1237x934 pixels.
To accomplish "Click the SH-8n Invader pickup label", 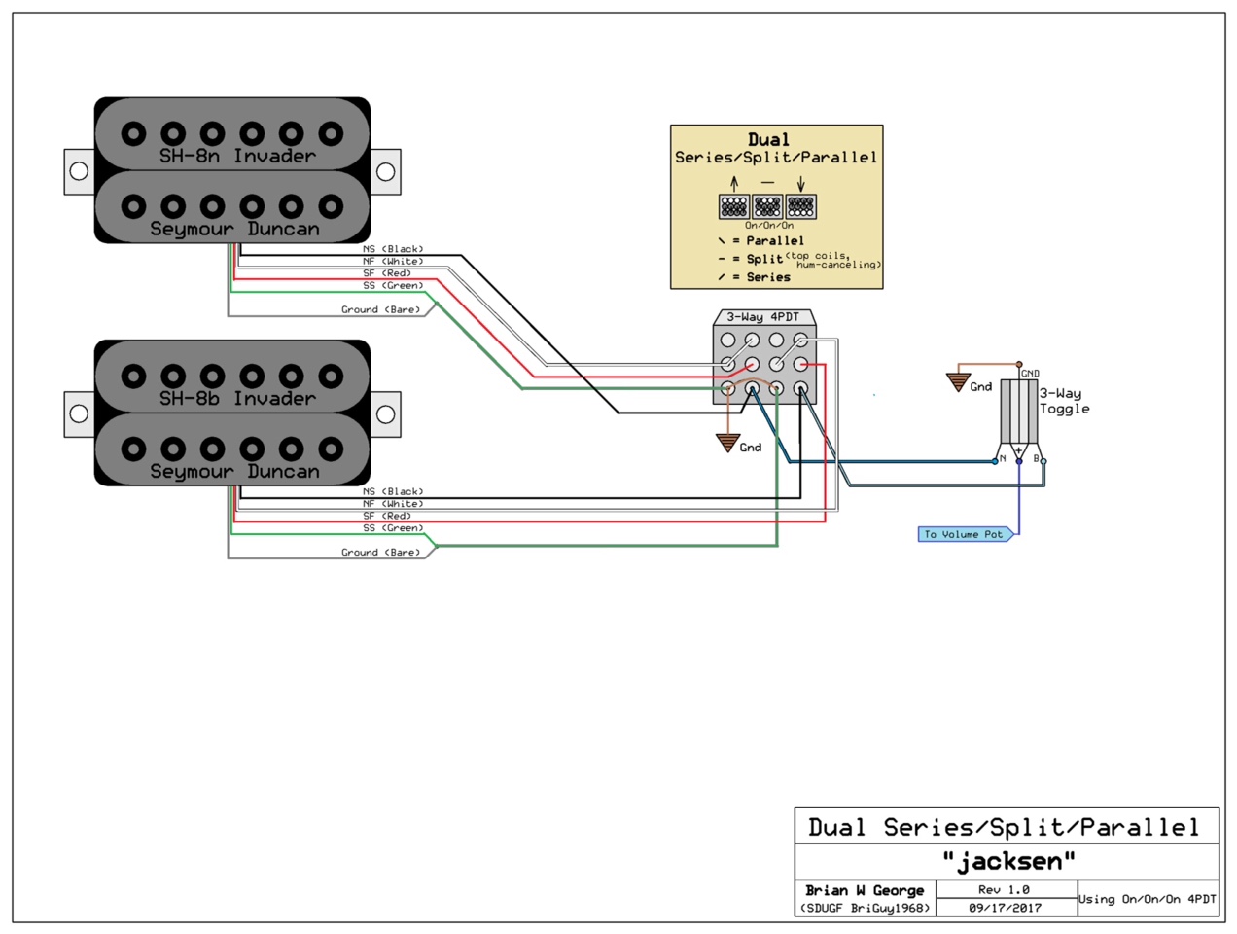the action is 237,156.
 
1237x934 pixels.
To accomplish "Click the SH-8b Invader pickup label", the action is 237,399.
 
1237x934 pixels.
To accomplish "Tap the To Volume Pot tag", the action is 966,534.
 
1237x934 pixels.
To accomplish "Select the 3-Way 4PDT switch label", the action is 762,317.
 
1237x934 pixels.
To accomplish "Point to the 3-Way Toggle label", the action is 1064,401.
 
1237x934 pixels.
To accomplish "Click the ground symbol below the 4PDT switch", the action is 727,443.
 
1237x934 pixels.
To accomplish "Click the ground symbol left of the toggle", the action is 958,382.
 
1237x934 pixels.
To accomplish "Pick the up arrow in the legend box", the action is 734,184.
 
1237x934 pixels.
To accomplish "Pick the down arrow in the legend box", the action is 800,184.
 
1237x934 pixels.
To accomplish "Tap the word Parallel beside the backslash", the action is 775,240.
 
